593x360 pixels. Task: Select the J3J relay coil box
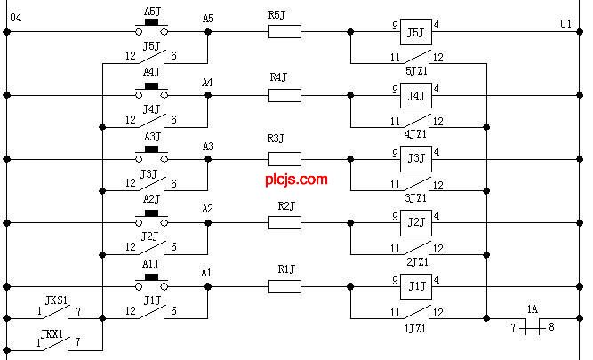[414, 159]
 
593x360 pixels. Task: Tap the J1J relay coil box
[414, 286]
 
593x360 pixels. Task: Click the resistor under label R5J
[284, 32]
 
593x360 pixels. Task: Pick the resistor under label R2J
[284, 222]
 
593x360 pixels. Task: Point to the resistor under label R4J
[284, 95]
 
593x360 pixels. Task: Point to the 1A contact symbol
[533, 327]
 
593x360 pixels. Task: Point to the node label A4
[207, 83]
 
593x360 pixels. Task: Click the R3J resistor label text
[276, 139]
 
